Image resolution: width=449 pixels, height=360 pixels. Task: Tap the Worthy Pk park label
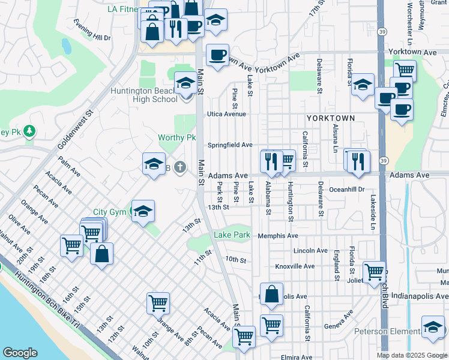(x=177, y=137)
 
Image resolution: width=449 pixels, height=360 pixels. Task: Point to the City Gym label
(x=110, y=212)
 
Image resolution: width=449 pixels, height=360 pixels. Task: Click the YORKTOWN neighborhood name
(x=331, y=118)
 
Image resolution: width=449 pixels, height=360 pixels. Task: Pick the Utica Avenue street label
(x=227, y=113)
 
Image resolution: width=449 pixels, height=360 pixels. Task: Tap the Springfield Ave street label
(x=230, y=145)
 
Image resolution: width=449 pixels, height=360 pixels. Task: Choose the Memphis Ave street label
(x=278, y=236)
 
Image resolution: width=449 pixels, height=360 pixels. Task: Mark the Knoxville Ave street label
(x=295, y=266)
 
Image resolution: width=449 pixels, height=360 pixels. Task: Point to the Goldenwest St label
(x=77, y=130)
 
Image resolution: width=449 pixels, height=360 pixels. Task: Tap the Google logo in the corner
(x=20, y=353)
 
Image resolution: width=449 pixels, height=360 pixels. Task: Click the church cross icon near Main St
(x=181, y=167)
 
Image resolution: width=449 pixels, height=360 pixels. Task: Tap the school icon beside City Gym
(x=143, y=211)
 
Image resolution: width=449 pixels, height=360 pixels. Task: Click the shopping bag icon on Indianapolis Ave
(x=271, y=294)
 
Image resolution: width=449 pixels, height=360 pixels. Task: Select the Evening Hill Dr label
(x=92, y=30)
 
